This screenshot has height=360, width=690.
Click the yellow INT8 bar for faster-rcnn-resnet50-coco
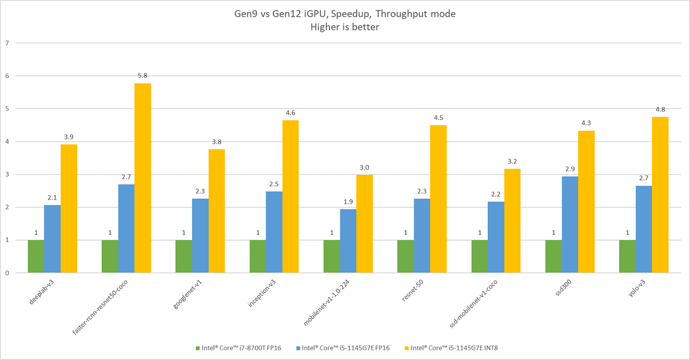coord(142,178)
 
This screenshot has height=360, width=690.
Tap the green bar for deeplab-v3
coord(36,256)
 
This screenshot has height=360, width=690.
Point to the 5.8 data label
coord(142,75)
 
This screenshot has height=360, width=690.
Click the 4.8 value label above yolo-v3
coord(660,109)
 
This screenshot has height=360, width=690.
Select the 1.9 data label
coord(348,201)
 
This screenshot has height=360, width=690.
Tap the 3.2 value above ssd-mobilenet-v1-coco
coord(512,161)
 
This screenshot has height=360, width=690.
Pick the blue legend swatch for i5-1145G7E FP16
coord(298,348)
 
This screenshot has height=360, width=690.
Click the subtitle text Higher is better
coord(345,27)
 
